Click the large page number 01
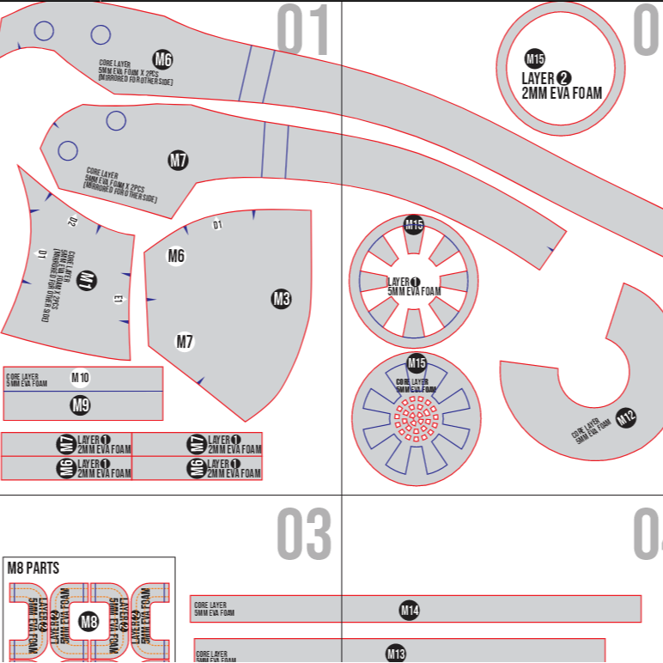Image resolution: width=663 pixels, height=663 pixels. [x=303, y=32]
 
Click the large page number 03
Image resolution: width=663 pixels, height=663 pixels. [x=303, y=534]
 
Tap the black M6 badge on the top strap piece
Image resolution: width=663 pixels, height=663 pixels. [x=163, y=59]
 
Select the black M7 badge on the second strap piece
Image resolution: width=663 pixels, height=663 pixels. [x=178, y=160]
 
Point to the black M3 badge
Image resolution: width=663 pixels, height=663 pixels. [x=281, y=299]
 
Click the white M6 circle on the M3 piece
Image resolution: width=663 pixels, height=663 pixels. [x=176, y=255]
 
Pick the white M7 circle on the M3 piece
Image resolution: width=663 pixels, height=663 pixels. [x=185, y=342]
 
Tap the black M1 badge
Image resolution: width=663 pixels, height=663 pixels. [x=87, y=280]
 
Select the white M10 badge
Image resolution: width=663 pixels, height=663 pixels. [x=80, y=378]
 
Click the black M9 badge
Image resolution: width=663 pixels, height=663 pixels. [x=80, y=405]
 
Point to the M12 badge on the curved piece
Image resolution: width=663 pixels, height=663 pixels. [x=626, y=419]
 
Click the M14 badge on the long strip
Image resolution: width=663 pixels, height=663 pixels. [x=410, y=611]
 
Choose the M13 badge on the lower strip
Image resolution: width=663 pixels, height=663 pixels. [x=395, y=654]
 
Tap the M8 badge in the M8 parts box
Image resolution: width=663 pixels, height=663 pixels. [x=88, y=621]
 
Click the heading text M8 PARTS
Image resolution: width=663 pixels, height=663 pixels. [x=33, y=568]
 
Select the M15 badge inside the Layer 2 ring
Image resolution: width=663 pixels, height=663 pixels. [x=535, y=59]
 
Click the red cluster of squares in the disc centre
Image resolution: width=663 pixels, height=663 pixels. [x=417, y=419]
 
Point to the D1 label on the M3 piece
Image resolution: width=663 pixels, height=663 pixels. [x=217, y=225]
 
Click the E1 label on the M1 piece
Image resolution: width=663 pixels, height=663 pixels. [x=119, y=299]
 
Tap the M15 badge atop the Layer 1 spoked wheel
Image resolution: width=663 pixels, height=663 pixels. [x=414, y=226]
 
